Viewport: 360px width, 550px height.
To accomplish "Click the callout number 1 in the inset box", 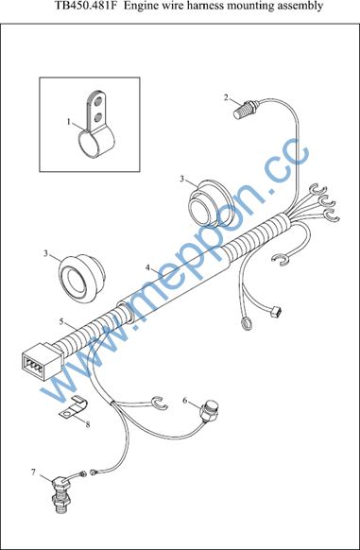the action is pyautogui.click(x=69, y=122).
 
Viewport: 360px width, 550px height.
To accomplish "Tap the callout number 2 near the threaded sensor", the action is pyautogui.click(x=227, y=97).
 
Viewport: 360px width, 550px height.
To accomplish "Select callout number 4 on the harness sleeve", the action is pyautogui.click(x=148, y=267).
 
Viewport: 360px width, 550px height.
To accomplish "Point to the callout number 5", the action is pyautogui.click(x=61, y=321).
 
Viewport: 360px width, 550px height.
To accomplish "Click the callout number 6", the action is pyautogui.click(x=185, y=401).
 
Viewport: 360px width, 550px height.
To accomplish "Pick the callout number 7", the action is pyautogui.click(x=33, y=473).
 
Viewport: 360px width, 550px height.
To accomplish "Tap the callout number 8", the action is pyautogui.click(x=88, y=424).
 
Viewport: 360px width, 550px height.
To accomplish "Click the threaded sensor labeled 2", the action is pyautogui.click(x=246, y=109).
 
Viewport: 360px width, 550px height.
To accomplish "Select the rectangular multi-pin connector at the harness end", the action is pyautogui.click(x=38, y=361).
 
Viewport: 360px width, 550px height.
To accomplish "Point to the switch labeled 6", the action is pyautogui.click(x=209, y=411).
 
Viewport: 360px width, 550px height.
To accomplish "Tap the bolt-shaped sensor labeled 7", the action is pyautogui.click(x=62, y=494).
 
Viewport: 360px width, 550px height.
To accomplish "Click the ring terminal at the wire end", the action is pyautogui.click(x=246, y=324).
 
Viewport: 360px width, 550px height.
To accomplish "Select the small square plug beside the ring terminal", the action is pyautogui.click(x=277, y=311).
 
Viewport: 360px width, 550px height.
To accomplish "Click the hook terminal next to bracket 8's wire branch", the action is pyautogui.click(x=160, y=403).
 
